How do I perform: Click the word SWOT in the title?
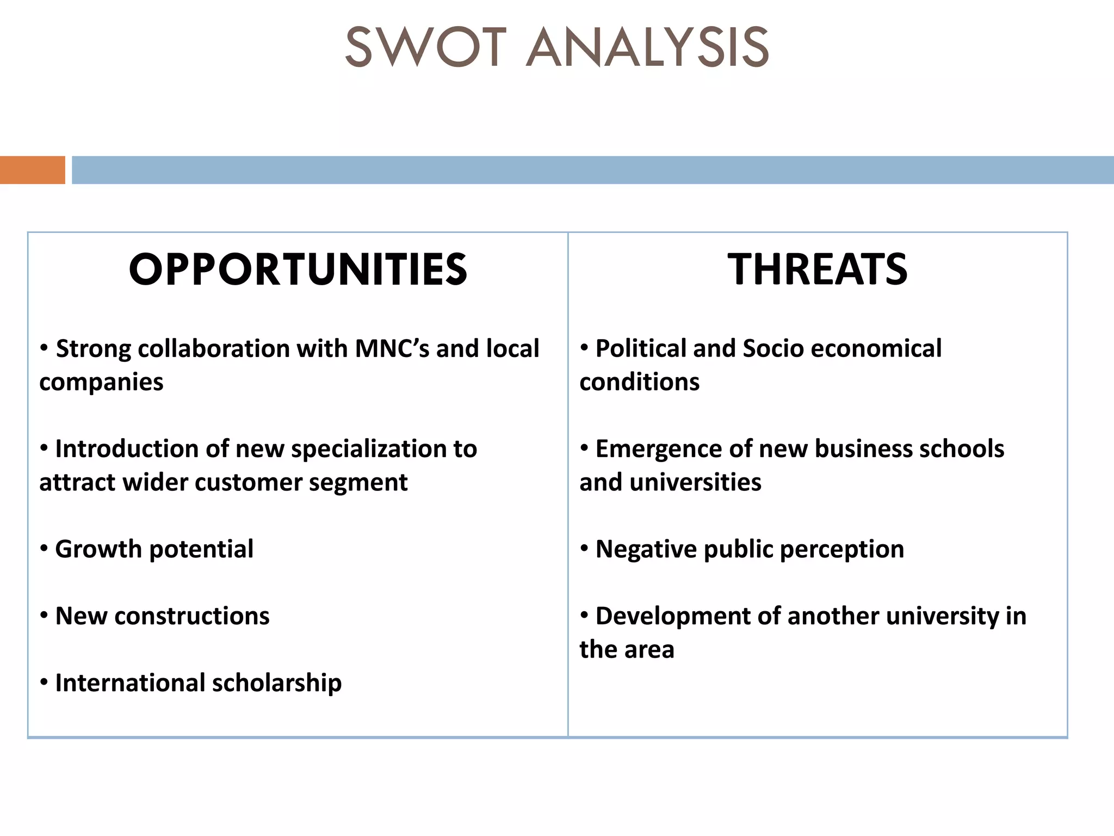[425, 48]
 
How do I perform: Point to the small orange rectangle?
[33, 170]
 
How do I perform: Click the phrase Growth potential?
[154, 549]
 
